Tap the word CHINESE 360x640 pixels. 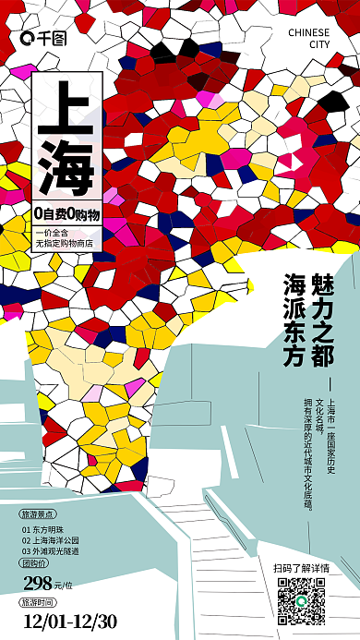click(x=308, y=31)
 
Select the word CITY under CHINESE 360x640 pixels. click(x=318, y=44)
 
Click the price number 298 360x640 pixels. click(x=38, y=582)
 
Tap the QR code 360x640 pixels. click(x=302, y=601)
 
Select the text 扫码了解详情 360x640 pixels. click(x=301, y=567)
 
